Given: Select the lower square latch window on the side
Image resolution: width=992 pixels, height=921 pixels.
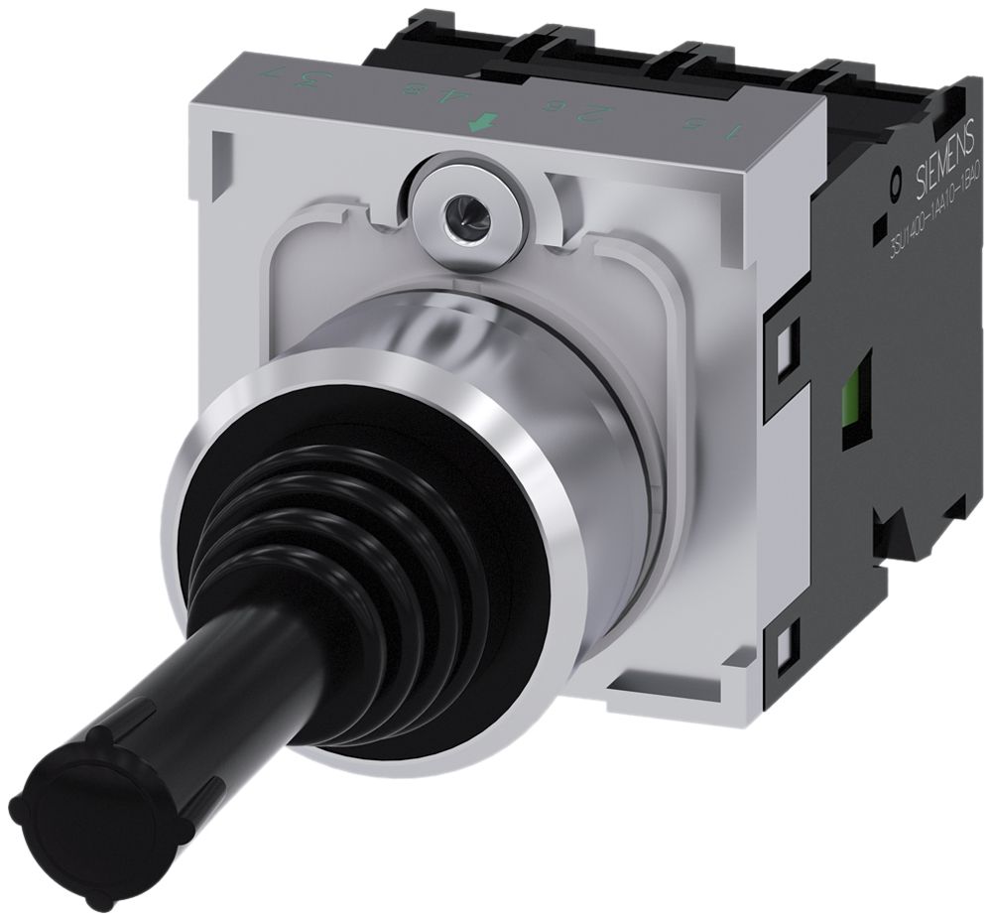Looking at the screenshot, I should (786, 649).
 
